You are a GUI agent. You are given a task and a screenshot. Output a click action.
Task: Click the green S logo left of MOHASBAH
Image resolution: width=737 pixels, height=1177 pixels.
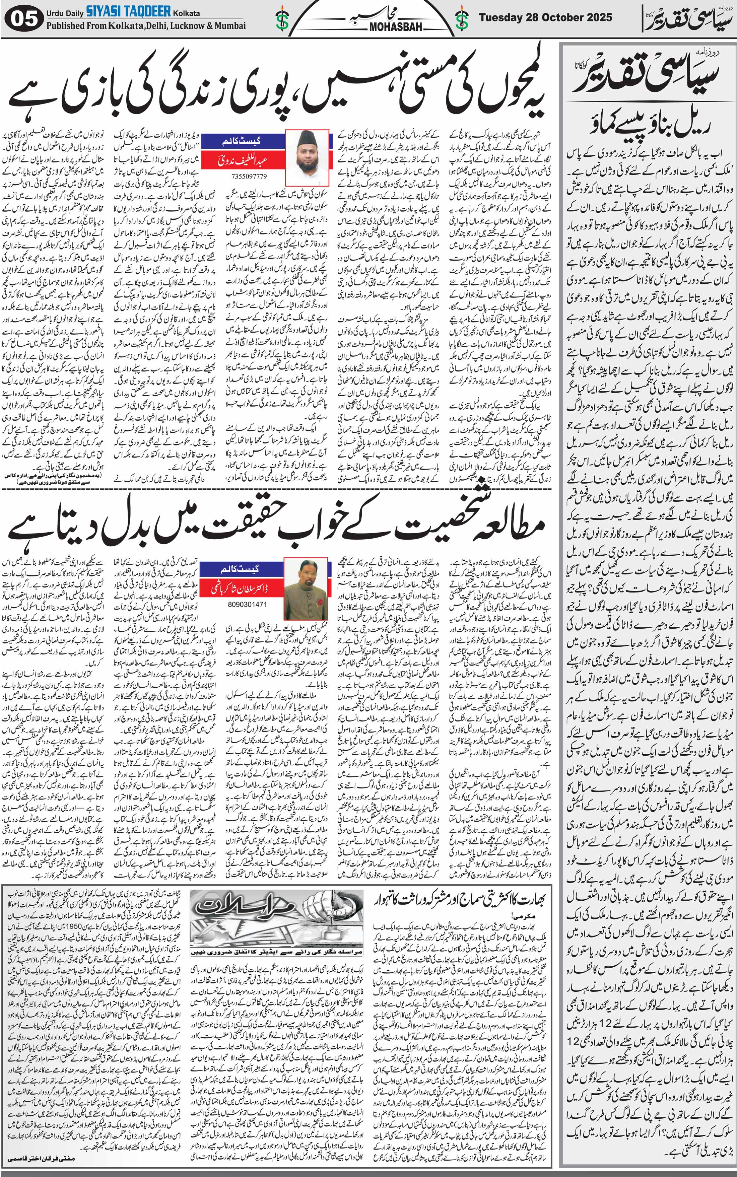[282, 19]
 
